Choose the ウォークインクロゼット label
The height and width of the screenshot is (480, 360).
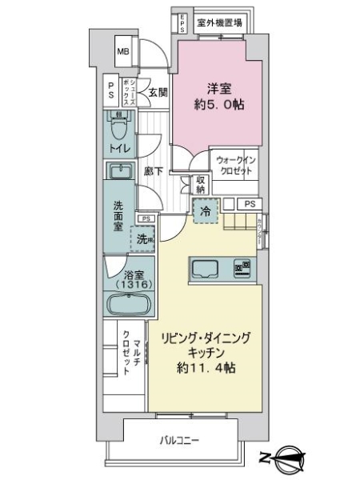point(234,166)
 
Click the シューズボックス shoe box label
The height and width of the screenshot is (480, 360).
point(128,92)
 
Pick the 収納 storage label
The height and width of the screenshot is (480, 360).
point(200,185)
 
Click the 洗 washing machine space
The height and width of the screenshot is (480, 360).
point(144,238)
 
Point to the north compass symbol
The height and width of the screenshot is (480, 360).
point(288,461)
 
